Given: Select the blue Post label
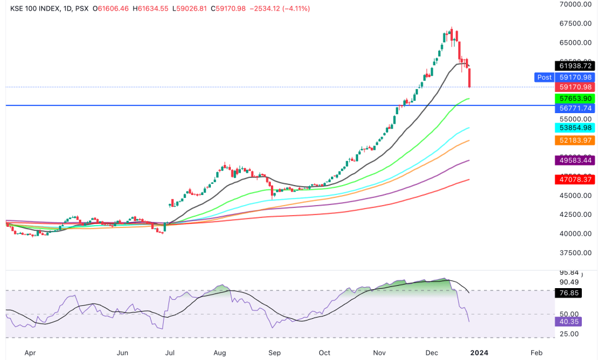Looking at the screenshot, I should [544, 77].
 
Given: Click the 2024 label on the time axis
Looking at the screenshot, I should [479, 353].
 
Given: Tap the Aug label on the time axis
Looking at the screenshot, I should [220, 353].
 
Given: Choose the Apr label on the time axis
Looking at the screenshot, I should [31, 353].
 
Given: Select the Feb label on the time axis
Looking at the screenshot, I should [536, 353].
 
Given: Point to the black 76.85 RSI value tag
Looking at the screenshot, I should [568, 293].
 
